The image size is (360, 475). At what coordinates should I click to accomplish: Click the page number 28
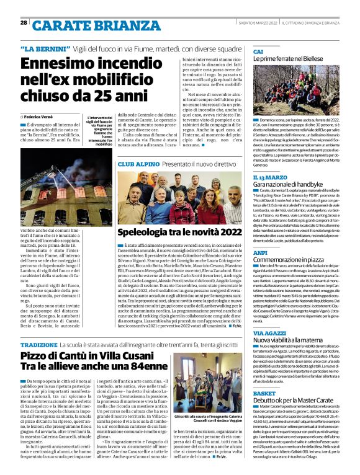(24, 22)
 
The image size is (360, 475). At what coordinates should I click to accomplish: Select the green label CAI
(258, 51)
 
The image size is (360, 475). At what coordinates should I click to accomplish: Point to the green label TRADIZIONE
(38, 344)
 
